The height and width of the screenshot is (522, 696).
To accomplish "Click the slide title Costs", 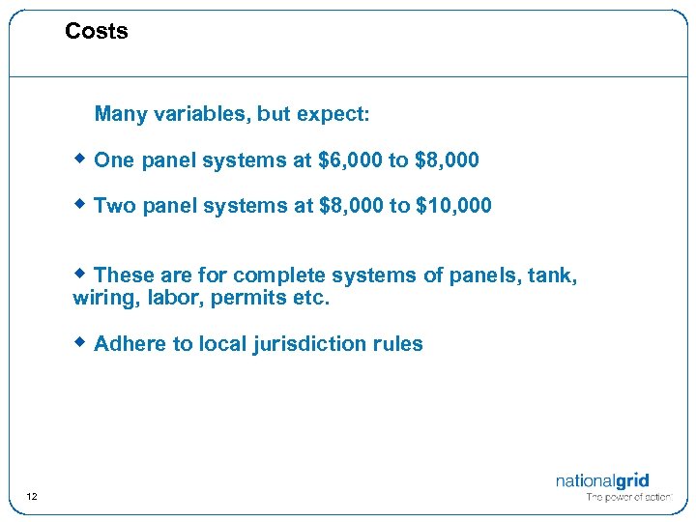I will (97, 32).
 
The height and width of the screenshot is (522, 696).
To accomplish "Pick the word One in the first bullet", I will (114, 160).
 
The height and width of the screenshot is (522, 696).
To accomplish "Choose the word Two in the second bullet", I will (115, 206).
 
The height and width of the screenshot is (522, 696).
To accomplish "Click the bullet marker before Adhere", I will (81, 342).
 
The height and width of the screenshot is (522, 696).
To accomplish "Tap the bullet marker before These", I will (81, 275).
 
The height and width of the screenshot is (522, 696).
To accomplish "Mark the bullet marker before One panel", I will (81, 159).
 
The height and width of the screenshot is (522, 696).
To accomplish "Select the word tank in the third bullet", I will (554, 276).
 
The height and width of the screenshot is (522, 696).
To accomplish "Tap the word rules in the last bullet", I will (397, 344).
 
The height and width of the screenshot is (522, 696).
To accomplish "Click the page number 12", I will (32, 497).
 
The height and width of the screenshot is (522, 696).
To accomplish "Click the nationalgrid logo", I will (602, 480).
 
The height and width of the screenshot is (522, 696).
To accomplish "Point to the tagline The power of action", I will (628, 498).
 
